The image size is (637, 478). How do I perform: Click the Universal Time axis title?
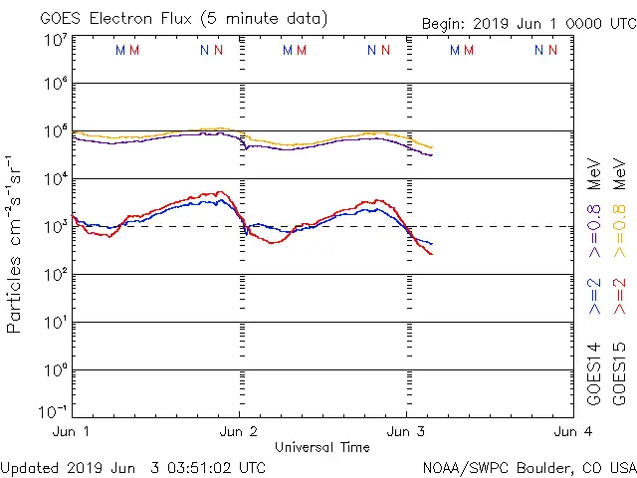pos(321,447)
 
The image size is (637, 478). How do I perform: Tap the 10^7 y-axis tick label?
pos(54,40)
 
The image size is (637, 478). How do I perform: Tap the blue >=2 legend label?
pos(595,296)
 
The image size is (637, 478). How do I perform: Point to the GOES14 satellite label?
pos(595,372)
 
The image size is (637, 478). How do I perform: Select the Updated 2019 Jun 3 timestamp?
pos(133,466)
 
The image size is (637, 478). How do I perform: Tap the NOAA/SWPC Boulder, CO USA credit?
pos(528,466)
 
